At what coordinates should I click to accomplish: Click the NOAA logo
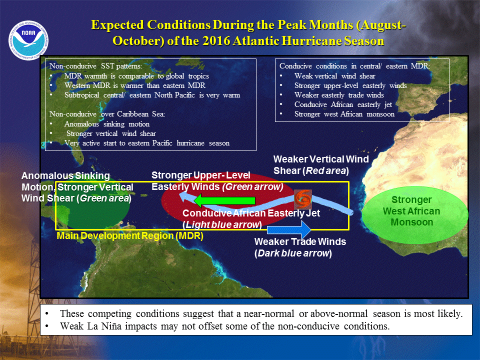coord(28,40)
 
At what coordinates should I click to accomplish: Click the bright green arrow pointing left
coord(224,200)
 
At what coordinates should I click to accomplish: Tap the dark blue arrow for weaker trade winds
coord(289,229)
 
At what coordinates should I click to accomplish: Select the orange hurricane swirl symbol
coord(303,199)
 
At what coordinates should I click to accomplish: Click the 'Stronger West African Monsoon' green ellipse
coord(415,214)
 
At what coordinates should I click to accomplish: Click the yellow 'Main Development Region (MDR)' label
coord(130,236)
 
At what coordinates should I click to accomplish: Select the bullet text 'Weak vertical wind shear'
coord(334,76)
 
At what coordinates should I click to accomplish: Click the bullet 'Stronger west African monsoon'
coord(344,114)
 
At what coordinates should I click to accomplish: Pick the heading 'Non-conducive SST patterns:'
coord(96,66)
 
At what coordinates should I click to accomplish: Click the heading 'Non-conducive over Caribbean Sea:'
coord(107,114)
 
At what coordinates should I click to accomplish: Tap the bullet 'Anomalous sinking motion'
coord(107,124)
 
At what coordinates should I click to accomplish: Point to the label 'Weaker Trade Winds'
coord(300,242)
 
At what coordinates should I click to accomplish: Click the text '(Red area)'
coord(325,171)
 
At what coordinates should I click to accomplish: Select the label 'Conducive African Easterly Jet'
coord(251,213)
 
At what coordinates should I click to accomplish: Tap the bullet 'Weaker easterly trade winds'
coord(339,95)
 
